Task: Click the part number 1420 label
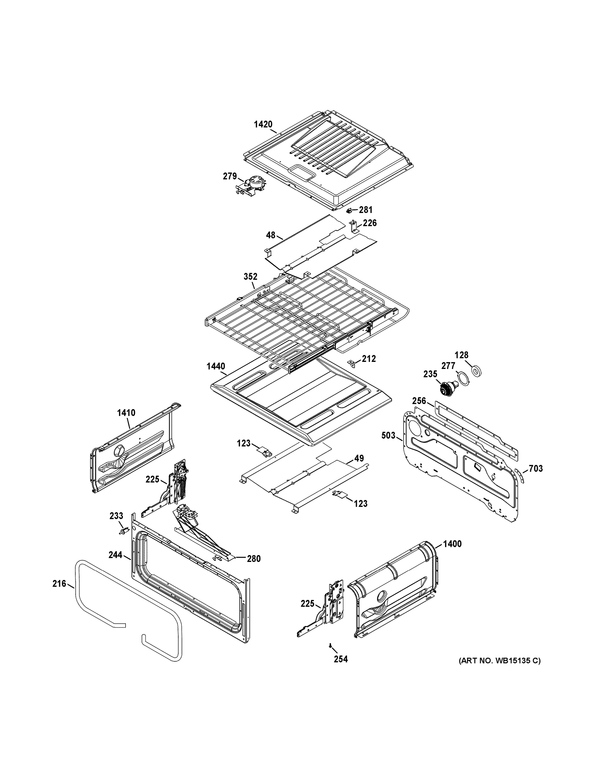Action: click(263, 124)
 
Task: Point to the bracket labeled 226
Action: click(353, 226)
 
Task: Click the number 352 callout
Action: click(250, 276)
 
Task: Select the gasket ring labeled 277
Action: click(463, 379)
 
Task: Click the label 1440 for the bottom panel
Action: click(216, 366)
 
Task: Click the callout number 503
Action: click(388, 436)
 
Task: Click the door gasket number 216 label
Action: click(59, 584)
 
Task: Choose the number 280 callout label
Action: click(254, 559)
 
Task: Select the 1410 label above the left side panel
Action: click(126, 412)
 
